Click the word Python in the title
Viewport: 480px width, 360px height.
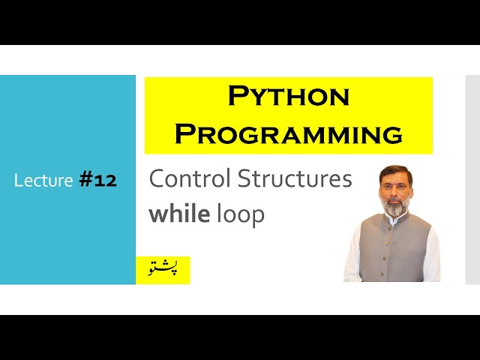tap(289, 96)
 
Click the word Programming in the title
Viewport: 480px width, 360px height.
tap(289, 133)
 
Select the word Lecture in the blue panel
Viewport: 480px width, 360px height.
tap(43, 180)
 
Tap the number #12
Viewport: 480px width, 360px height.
tap(97, 180)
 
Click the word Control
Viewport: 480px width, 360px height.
tap(190, 179)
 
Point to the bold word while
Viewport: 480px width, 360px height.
tap(179, 214)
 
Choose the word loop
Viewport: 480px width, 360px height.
tap(240, 215)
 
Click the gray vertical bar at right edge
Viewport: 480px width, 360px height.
tap(472, 180)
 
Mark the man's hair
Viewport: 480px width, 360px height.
tap(395, 169)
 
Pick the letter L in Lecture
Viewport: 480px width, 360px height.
tap(18, 180)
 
